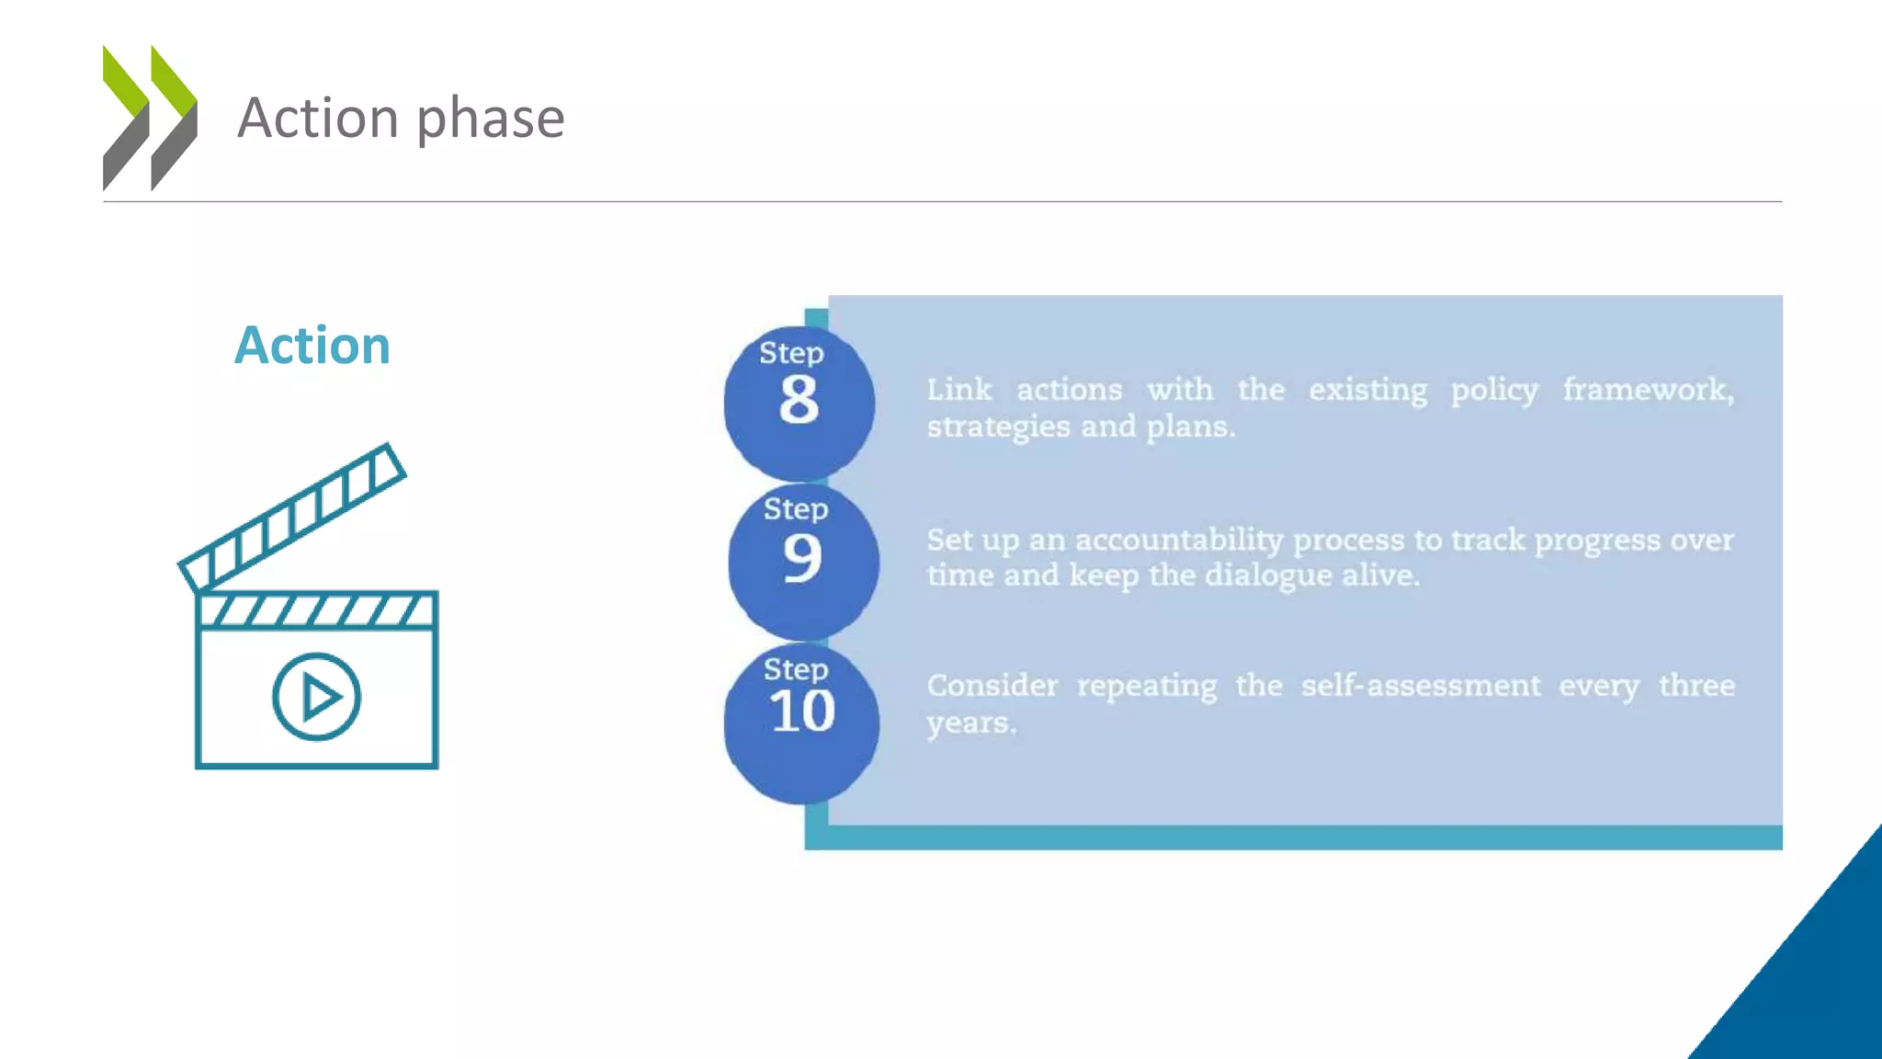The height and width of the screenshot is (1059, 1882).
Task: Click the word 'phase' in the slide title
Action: [x=491, y=119]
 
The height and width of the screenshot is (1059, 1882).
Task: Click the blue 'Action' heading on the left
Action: [x=312, y=346]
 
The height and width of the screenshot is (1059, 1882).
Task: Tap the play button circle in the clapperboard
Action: [x=317, y=697]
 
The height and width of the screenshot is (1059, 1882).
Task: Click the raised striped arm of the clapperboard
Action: [x=292, y=517]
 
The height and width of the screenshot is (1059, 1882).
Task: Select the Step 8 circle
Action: [x=799, y=403]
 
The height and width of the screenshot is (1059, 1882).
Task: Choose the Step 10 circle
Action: [x=801, y=723]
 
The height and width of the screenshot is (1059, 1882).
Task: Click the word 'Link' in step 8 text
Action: [x=958, y=390]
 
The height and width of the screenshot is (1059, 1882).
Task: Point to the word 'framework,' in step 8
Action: [x=1649, y=390]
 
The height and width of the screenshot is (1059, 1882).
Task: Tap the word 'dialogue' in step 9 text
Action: [x=1268, y=575]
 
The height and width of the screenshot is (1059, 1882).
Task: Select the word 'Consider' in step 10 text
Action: [x=992, y=686]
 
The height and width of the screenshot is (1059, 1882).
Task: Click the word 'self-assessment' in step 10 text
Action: [x=1421, y=686]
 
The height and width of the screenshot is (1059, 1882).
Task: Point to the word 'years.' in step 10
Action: [x=971, y=723]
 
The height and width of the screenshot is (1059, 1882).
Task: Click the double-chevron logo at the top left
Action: [x=150, y=118]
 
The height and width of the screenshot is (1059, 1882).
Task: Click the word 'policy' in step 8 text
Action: [x=1494, y=391]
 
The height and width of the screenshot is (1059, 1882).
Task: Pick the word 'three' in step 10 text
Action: [x=1696, y=686]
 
